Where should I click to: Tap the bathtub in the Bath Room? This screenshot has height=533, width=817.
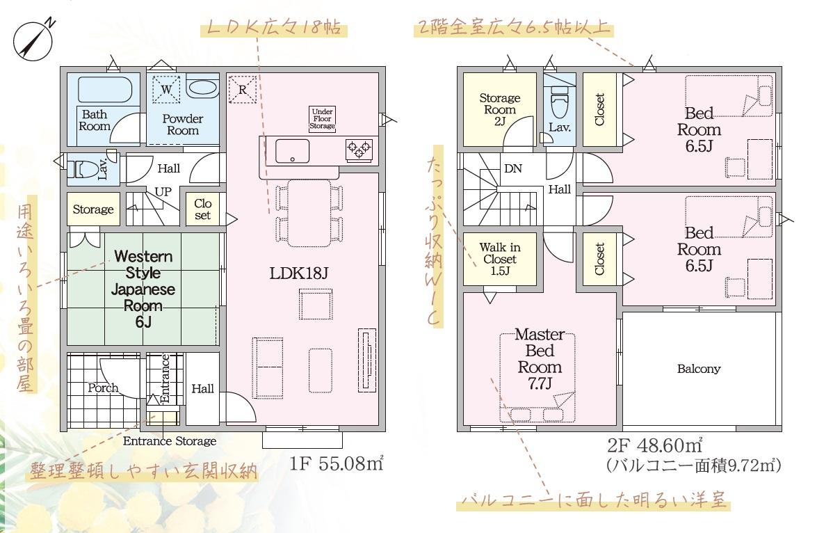click(x=105, y=90)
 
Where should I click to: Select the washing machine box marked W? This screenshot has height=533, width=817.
click(x=166, y=89)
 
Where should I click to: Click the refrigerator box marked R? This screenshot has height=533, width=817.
click(x=242, y=89)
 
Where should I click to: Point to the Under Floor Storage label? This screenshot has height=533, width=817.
click(x=322, y=119)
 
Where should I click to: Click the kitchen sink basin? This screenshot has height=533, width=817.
click(x=292, y=151)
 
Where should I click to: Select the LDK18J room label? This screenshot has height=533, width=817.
click(x=298, y=273)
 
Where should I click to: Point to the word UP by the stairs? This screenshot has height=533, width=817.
click(x=163, y=191)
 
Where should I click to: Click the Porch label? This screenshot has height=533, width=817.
click(x=103, y=388)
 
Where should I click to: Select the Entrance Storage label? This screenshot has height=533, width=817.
click(x=170, y=441)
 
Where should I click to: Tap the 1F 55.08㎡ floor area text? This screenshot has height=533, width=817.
click(x=337, y=463)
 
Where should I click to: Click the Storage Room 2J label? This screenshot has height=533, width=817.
click(x=500, y=109)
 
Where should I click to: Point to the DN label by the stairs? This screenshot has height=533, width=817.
click(x=513, y=168)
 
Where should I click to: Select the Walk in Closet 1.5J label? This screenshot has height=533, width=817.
click(x=500, y=259)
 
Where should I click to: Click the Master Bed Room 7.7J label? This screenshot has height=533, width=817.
click(x=540, y=359)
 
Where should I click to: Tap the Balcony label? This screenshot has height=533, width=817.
click(x=699, y=369)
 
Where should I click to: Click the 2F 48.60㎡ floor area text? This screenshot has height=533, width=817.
click(x=655, y=445)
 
